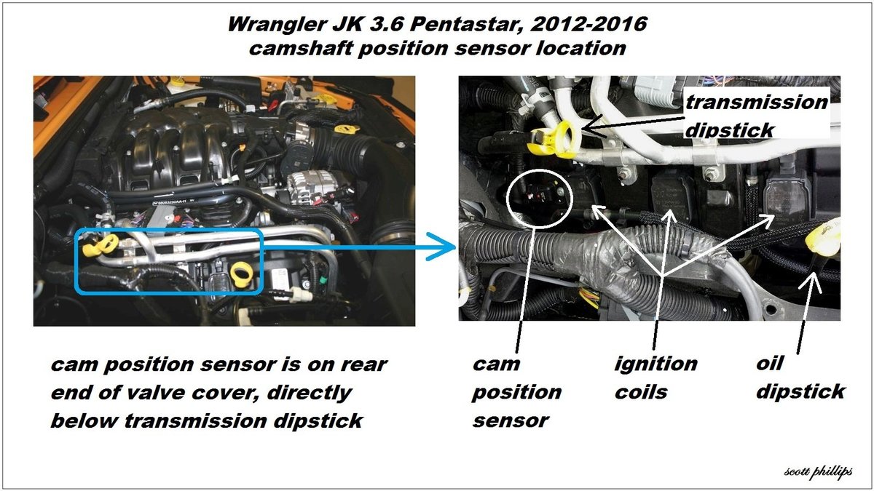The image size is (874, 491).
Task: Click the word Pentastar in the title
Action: (466, 24)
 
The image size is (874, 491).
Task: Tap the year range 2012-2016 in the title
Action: (588, 24)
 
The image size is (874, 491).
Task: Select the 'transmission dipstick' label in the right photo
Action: (756, 116)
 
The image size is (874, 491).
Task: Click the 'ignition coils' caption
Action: (655, 378)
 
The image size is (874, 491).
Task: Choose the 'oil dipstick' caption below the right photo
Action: (800, 378)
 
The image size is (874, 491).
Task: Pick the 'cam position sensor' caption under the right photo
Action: (516, 391)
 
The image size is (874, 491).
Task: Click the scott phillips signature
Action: (818, 472)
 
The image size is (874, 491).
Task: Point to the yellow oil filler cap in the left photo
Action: (344, 129)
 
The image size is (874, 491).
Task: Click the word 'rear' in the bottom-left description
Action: (363, 364)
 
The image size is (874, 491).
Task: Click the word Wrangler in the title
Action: (276, 25)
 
